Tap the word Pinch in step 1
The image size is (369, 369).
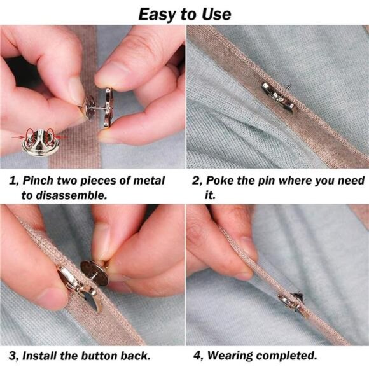coord(38,181)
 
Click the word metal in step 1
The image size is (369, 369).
coord(149,181)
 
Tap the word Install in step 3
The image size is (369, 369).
coord(39,356)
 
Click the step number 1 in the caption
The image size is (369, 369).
coord(13,181)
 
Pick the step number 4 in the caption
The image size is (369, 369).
coord(197,356)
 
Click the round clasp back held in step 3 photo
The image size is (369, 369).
coord(94,273)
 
